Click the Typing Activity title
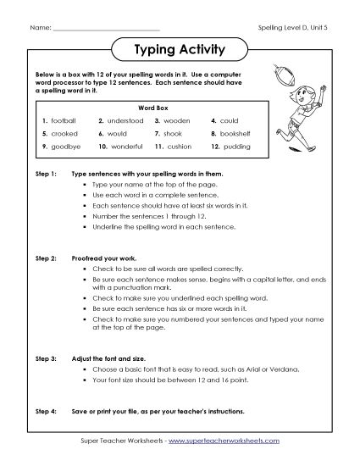(180, 49)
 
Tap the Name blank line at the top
(106, 28)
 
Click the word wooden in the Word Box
(180, 121)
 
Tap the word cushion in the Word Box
(181, 146)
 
